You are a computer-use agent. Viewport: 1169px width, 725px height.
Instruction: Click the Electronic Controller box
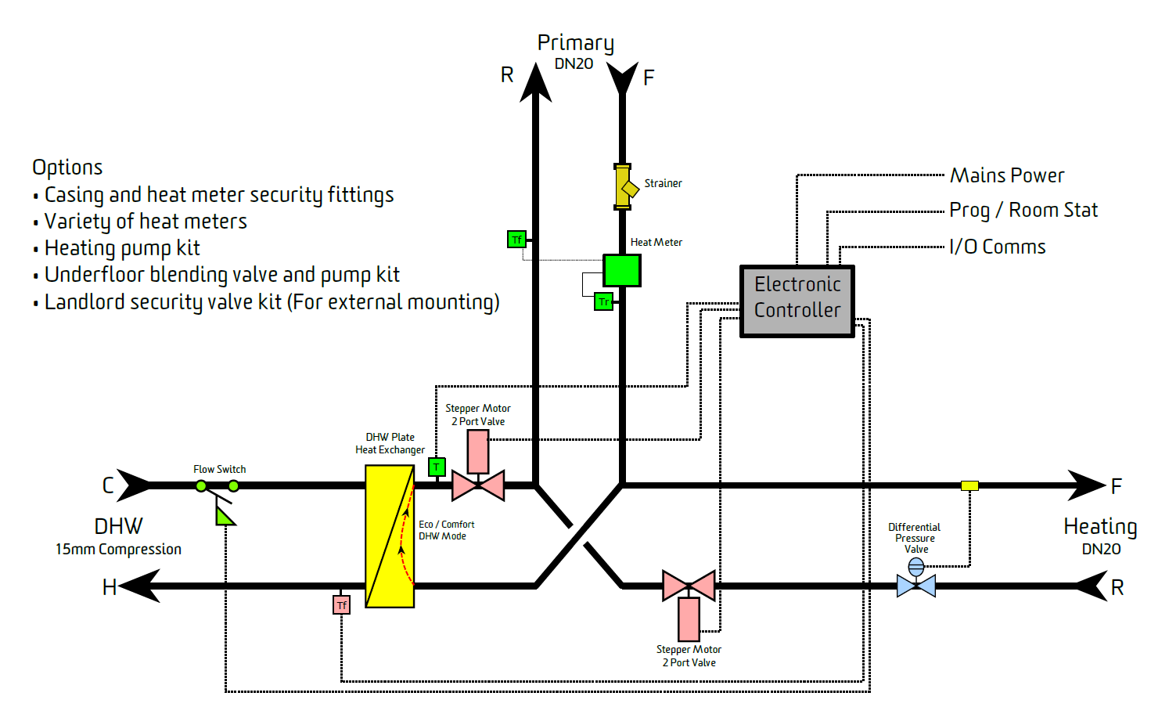click(x=797, y=301)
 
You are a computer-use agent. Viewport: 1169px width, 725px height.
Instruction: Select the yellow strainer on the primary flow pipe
click(x=623, y=187)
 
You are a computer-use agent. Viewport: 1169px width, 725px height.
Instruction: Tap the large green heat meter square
click(x=622, y=271)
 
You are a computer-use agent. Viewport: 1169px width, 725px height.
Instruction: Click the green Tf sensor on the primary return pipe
click(x=516, y=240)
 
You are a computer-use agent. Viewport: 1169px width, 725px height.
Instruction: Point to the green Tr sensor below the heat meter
click(x=603, y=301)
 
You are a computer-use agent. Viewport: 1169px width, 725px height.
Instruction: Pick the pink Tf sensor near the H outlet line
click(x=341, y=605)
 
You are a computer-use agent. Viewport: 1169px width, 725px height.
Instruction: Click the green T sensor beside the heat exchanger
click(x=437, y=467)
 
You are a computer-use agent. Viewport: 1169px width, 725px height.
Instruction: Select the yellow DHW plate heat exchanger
click(x=390, y=536)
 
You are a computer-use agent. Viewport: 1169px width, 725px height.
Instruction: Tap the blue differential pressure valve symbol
click(x=916, y=579)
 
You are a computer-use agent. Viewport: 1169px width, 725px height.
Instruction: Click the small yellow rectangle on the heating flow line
click(x=969, y=485)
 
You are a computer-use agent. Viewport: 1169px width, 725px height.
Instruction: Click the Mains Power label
click(x=1007, y=175)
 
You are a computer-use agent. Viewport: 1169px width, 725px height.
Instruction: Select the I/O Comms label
click(x=998, y=247)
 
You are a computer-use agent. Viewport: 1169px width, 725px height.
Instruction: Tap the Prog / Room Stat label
click(x=1023, y=211)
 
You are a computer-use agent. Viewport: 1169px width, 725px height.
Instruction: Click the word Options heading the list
click(x=67, y=168)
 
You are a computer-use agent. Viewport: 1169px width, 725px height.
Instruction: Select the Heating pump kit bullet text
click(x=122, y=248)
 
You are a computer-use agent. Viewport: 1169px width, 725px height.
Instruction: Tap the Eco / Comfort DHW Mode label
click(x=446, y=530)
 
